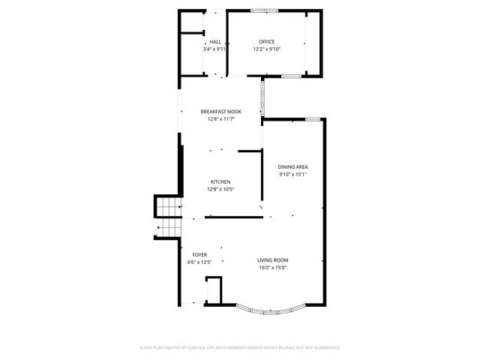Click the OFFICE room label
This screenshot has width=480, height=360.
click(x=266, y=42)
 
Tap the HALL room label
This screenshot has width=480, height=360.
click(x=215, y=42)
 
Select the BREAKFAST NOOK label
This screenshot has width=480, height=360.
click(x=219, y=111)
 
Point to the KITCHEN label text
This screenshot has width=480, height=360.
click(x=220, y=182)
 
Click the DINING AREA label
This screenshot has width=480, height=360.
click(x=292, y=167)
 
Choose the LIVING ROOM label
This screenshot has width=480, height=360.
click(x=273, y=260)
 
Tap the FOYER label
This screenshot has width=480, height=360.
click(x=199, y=255)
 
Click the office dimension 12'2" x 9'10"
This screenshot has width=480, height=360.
click(x=266, y=49)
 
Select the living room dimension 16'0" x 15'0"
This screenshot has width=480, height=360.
click(x=273, y=268)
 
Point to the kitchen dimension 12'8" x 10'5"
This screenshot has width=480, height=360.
click(x=220, y=190)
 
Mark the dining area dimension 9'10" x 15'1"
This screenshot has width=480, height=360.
click(x=292, y=175)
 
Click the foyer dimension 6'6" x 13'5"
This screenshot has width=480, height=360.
click(x=199, y=262)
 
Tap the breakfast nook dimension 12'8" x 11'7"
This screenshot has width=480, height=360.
click(x=219, y=118)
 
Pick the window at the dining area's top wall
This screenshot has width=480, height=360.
click(x=313, y=118)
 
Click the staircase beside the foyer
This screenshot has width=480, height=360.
click(x=169, y=217)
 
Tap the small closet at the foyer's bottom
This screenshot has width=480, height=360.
click(x=214, y=290)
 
